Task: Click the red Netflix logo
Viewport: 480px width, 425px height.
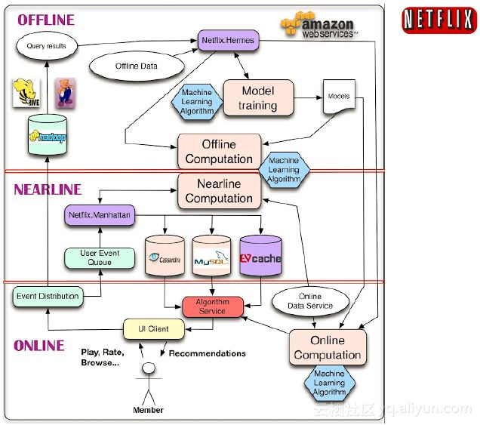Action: (x=438, y=19)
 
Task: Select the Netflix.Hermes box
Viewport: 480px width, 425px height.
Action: (x=228, y=39)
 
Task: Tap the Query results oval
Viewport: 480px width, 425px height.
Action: (x=46, y=46)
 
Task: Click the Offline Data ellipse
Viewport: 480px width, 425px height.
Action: (x=137, y=66)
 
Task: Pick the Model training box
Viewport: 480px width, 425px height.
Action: (x=257, y=98)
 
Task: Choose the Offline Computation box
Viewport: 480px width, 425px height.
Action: (x=219, y=151)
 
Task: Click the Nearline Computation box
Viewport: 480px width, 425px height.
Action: (x=219, y=191)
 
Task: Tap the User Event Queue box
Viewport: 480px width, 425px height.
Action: (x=100, y=257)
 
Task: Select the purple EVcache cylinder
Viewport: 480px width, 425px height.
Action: (x=260, y=257)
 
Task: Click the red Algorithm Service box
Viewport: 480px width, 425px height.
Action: (x=213, y=306)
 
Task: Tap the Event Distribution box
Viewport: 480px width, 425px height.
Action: (x=47, y=297)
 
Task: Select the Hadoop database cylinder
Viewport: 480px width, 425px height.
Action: (x=46, y=136)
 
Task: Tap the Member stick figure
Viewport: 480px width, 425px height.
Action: (x=149, y=381)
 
